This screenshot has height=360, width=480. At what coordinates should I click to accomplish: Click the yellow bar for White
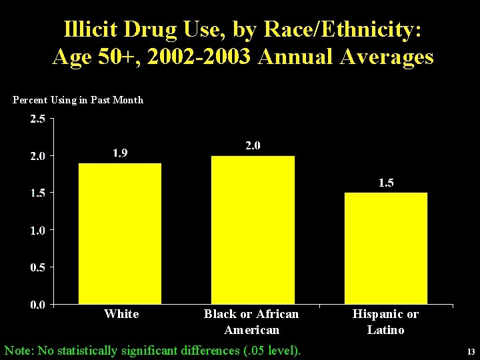[x=120, y=233]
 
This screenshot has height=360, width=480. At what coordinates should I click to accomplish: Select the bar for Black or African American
[x=253, y=230]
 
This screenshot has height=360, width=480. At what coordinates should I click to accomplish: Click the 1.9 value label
[x=120, y=153]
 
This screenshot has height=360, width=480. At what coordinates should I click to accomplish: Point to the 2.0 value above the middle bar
[x=253, y=145]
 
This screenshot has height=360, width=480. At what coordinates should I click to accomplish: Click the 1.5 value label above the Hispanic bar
[x=386, y=183]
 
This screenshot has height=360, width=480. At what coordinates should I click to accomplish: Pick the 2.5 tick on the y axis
[x=37, y=119]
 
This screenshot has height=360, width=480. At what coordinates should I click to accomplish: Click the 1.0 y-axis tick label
[x=37, y=231]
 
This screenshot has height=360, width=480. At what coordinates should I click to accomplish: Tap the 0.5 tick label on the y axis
[x=37, y=267]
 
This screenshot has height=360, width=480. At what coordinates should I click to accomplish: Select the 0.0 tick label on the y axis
[x=37, y=305]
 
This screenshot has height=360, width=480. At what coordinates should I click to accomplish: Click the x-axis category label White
[x=121, y=314]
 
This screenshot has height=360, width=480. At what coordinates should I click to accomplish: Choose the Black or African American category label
[x=251, y=321]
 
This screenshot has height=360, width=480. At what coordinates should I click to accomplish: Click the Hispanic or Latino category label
[x=385, y=321]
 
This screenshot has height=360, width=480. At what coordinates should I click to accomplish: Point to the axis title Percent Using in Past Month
[x=78, y=100]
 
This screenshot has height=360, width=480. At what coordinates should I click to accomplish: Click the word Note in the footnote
[x=18, y=349]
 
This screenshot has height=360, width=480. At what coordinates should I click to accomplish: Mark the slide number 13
[x=471, y=352]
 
